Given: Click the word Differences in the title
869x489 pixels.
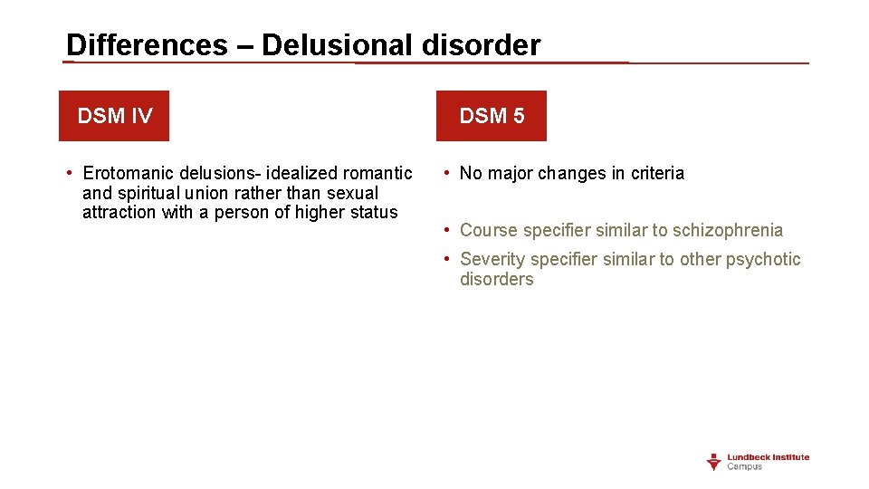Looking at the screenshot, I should [147, 44].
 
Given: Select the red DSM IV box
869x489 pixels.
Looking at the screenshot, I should [114, 116].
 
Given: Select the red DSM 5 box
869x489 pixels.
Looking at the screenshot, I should [492, 116].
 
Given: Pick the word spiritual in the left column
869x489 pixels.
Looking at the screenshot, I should [148, 193].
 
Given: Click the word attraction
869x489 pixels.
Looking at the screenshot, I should [119, 213].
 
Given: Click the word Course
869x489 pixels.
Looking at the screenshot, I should [489, 230].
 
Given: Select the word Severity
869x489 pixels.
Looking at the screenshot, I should [492, 259].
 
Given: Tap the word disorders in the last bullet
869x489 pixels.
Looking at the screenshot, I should [496, 280].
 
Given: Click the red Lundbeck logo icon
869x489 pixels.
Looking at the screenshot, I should [714, 462].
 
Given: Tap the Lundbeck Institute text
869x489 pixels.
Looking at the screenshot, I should [769, 457].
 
